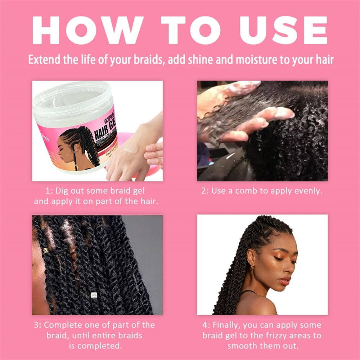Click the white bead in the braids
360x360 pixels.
point(94,295)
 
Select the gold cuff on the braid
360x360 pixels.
point(46,250)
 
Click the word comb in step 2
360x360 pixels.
point(245,191)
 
